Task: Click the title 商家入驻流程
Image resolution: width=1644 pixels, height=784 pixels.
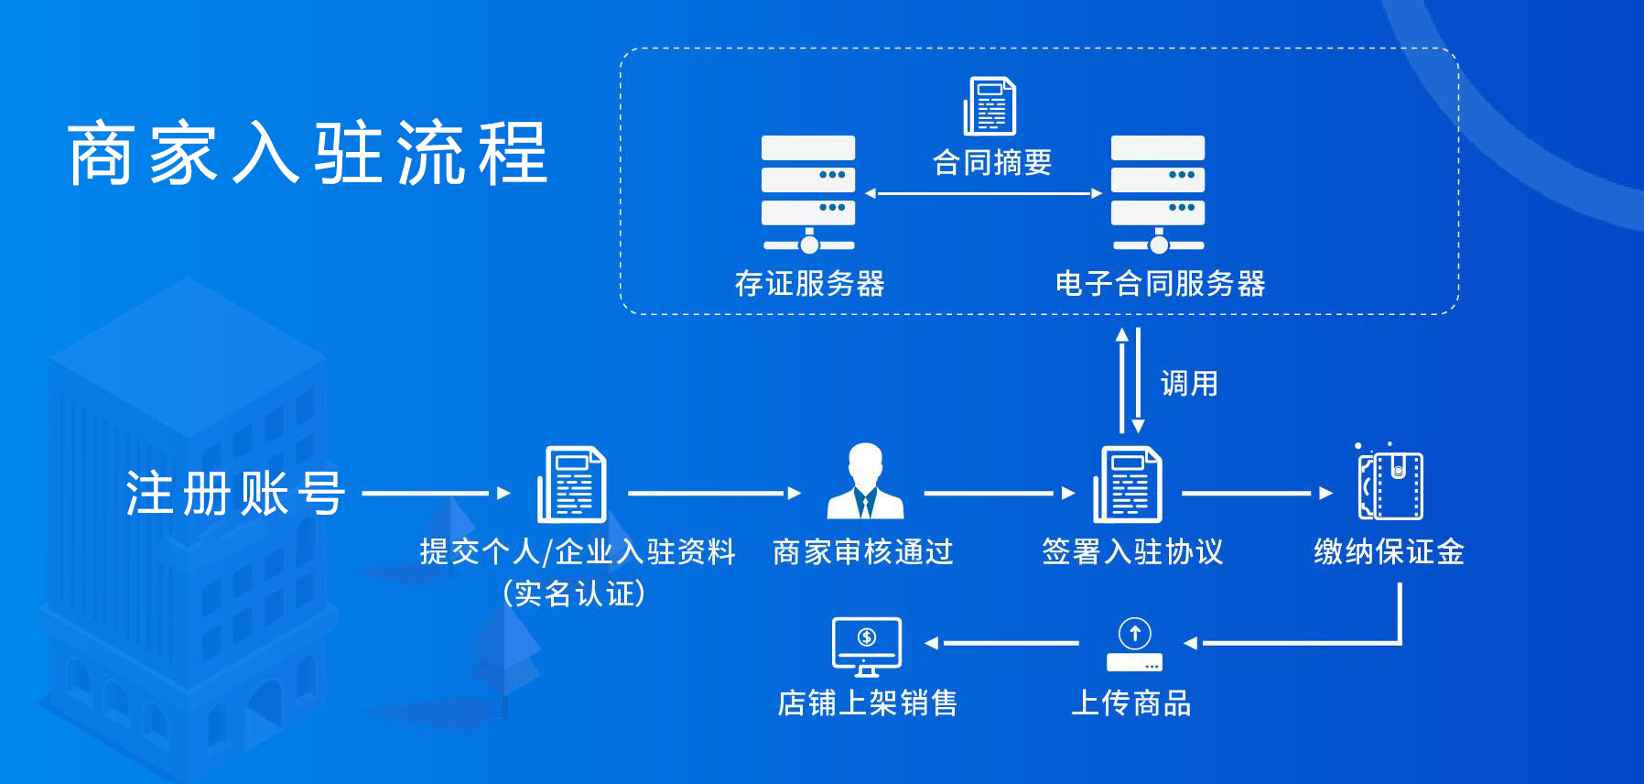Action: pos(308,154)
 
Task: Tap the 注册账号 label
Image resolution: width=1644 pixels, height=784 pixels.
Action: pos(235,494)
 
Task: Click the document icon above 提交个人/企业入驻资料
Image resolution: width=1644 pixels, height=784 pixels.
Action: pos(571,485)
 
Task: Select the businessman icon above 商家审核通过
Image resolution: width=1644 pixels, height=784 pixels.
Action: pos(865,483)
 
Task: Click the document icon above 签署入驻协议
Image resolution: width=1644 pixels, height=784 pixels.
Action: pos(1128,485)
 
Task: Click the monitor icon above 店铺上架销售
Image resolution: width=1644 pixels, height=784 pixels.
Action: pos(867,646)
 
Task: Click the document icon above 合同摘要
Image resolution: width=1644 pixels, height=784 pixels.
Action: pos(990,106)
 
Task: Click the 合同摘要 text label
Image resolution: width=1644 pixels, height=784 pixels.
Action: pos(992,163)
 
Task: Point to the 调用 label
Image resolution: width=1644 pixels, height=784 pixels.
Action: pos(1189,383)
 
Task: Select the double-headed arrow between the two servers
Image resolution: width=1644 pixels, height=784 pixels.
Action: pos(983,193)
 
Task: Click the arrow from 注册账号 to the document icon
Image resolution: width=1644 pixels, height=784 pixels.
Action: pos(436,493)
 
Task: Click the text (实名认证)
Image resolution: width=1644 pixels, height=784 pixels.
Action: pos(574,593)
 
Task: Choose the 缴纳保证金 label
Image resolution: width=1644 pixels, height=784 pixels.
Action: pos(1389,551)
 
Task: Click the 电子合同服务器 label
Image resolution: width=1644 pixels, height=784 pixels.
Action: pos(1160,284)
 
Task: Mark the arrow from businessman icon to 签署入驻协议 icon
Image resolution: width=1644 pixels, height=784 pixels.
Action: pos(999,493)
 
